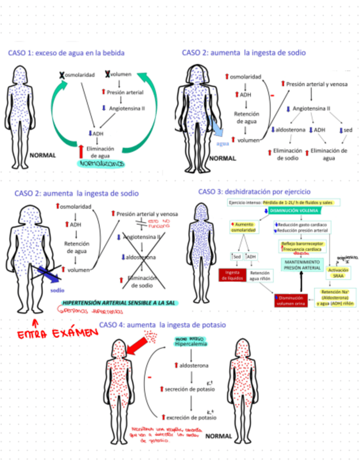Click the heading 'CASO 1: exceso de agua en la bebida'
click(66, 53)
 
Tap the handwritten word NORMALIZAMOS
click(102, 163)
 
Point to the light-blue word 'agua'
click(222, 144)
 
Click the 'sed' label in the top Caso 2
click(347, 129)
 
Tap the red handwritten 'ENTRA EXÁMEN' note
click(53, 334)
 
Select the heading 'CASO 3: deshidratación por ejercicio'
click(254, 192)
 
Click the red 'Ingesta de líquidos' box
click(230, 275)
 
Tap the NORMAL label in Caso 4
click(218, 437)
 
